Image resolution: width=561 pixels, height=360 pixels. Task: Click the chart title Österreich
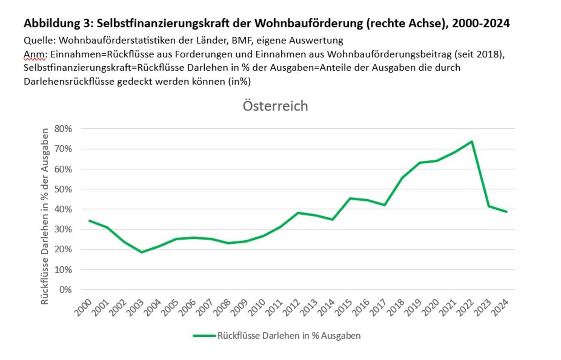(x=276, y=106)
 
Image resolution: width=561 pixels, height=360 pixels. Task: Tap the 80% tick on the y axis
(x=63, y=129)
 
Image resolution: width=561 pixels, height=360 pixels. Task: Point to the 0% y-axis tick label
(x=65, y=290)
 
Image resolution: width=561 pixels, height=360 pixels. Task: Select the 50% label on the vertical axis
(x=63, y=189)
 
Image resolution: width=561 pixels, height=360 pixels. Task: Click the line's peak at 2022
(x=472, y=141)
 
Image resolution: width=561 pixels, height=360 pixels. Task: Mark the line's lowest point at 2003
(x=142, y=252)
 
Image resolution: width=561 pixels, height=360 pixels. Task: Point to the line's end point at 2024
(x=507, y=212)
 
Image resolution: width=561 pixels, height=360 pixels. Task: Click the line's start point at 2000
(x=89, y=221)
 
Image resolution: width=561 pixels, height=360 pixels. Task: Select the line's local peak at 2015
(x=350, y=198)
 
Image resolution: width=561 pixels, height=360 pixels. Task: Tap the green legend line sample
(x=205, y=336)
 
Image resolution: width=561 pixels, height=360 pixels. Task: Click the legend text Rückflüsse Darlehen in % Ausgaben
(x=289, y=336)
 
